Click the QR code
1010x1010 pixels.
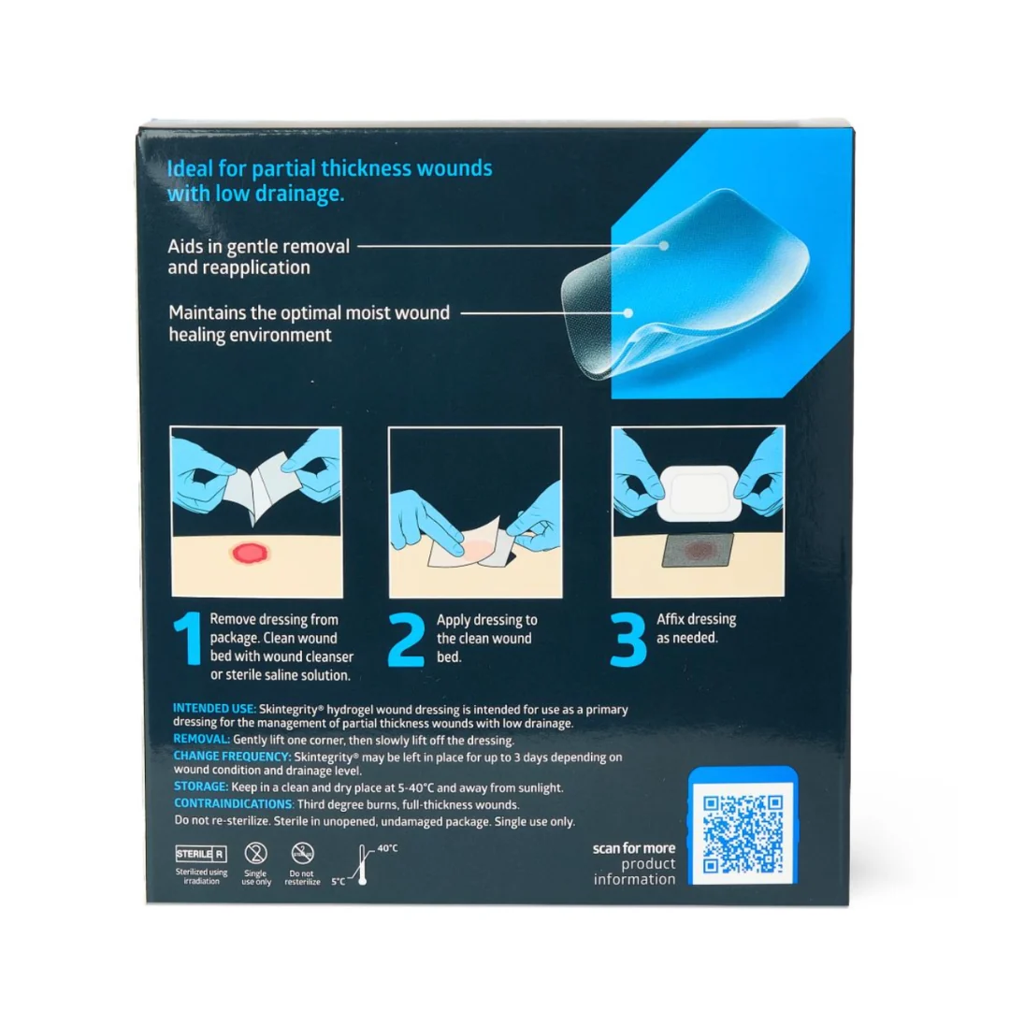[743, 834]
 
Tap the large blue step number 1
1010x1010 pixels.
[188, 639]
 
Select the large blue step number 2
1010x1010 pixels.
[407, 639]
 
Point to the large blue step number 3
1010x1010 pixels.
[628, 639]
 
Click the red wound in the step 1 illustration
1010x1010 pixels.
[250, 552]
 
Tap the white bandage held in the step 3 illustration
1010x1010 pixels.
[700, 494]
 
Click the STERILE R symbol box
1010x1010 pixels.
[201, 854]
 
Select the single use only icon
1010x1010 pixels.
[255, 854]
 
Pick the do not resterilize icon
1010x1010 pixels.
[302, 854]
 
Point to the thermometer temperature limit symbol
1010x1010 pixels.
[363, 865]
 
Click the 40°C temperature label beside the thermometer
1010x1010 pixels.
[387, 848]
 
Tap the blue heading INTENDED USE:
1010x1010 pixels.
[214, 709]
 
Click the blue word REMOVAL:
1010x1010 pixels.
[202, 739]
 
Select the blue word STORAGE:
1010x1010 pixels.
[201, 786]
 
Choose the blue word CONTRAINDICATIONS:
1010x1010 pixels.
[234, 804]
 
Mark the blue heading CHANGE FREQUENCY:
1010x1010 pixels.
[233, 757]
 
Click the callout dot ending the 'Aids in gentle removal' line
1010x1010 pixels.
[663, 245]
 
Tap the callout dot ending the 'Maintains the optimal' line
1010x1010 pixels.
[628, 313]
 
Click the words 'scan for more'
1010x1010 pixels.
[634, 848]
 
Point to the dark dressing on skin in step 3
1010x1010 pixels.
[699, 550]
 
